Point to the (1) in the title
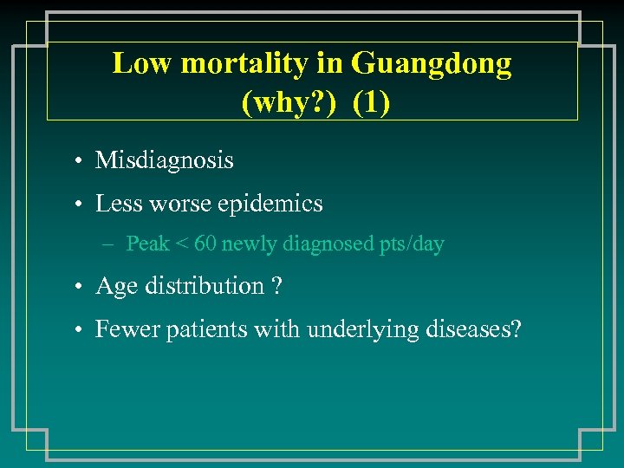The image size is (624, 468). (x=372, y=103)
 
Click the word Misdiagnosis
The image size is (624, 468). (x=165, y=160)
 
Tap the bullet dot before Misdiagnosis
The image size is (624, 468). (x=78, y=161)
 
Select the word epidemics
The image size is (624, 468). (x=270, y=204)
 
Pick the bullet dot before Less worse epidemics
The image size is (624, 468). (x=78, y=205)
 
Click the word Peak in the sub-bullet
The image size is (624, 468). (x=147, y=244)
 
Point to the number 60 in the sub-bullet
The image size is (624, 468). (x=206, y=244)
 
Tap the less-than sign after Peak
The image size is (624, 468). (x=182, y=244)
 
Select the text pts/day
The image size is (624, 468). (x=412, y=244)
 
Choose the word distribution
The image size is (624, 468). (x=204, y=286)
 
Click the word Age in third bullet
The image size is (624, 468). (x=114, y=287)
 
